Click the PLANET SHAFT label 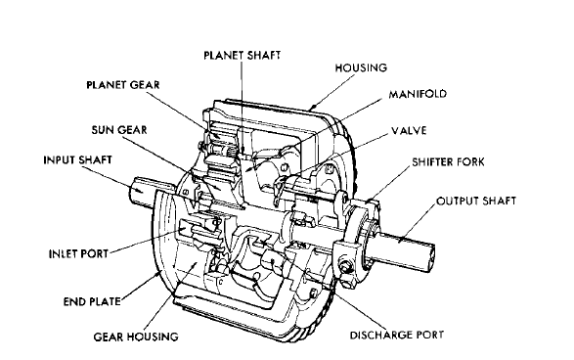(x=241, y=55)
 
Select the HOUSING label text (x=361, y=67)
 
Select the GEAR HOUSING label (x=137, y=336)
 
